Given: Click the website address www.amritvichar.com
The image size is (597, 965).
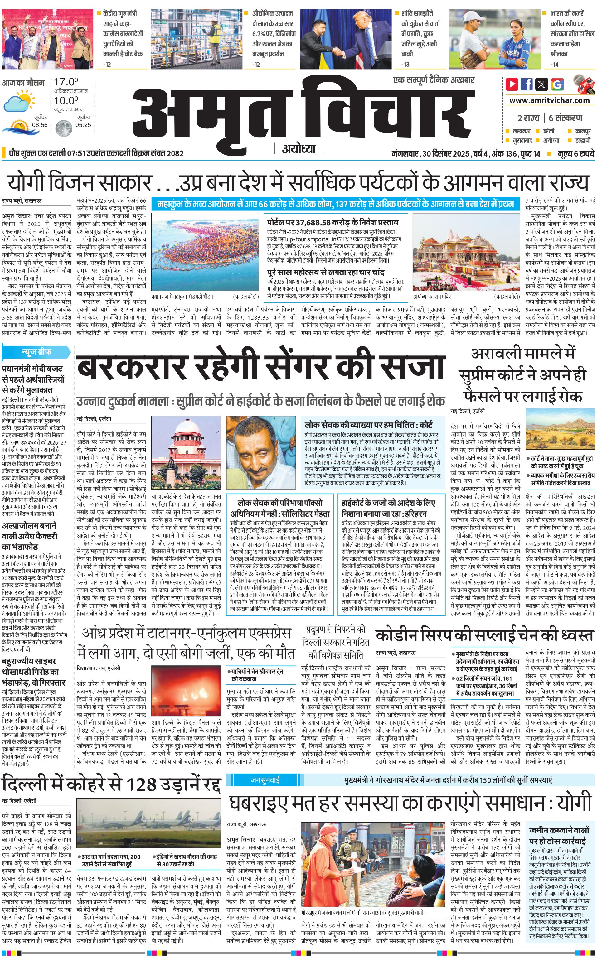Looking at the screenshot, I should pyautogui.click(x=549, y=100).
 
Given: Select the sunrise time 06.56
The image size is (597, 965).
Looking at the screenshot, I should pyautogui.click(x=40, y=125).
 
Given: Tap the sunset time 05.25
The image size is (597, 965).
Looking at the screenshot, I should pyautogui.click(x=83, y=125).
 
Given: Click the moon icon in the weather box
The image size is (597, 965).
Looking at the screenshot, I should pyautogui.click(x=62, y=128).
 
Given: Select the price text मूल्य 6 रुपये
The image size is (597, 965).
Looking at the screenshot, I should pyautogui.click(x=576, y=153).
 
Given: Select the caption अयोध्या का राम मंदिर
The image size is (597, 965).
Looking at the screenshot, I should pyautogui.click(x=433, y=296).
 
